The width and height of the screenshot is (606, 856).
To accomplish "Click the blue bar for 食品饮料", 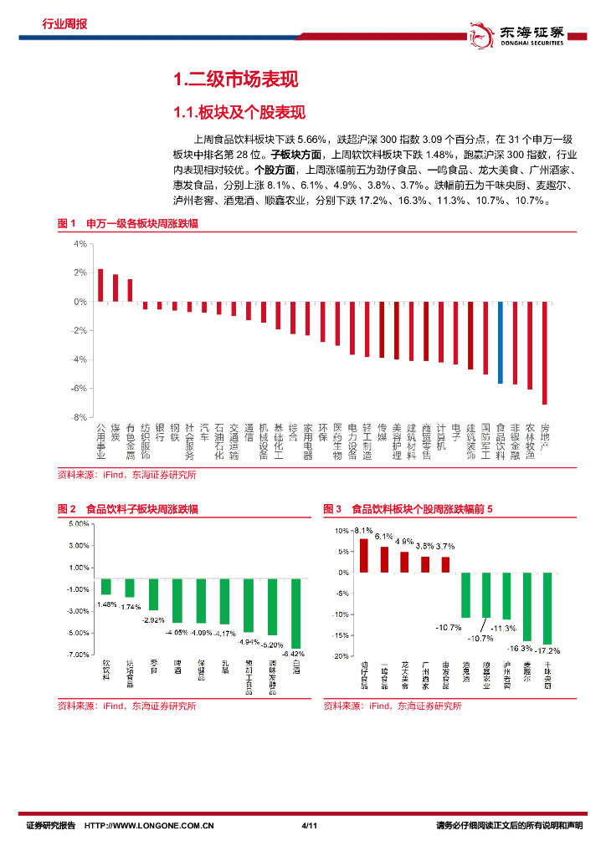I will click(x=501, y=342).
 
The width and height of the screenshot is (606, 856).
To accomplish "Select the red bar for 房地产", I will click(x=545, y=353).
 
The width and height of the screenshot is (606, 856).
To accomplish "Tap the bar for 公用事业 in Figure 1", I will click(x=100, y=285).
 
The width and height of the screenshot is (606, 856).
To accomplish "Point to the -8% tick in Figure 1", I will click(x=80, y=416).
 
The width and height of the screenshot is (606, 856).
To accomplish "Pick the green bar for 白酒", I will click(x=296, y=613).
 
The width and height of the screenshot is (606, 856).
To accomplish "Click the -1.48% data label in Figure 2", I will click(x=106, y=604).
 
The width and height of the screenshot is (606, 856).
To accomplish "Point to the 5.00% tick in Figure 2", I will click(x=79, y=524).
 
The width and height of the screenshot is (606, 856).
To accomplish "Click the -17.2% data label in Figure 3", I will click(x=548, y=650).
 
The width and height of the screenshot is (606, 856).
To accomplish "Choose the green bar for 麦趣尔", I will click(x=527, y=606).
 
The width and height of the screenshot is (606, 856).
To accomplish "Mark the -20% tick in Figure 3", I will click(x=343, y=656).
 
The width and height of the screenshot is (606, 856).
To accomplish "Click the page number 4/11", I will click(x=308, y=827).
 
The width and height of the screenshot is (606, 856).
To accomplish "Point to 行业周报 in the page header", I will click(x=64, y=24).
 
